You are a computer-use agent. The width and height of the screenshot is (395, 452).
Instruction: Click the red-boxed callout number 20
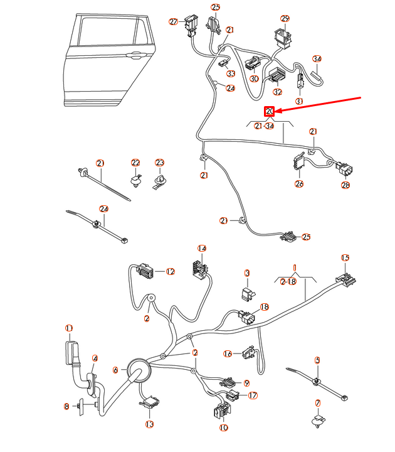click(270, 112)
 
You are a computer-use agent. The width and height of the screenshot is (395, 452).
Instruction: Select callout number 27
click(174, 21)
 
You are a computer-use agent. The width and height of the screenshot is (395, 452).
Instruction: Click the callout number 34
click(317, 59)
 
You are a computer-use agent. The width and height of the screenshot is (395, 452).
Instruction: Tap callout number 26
click(299, 184)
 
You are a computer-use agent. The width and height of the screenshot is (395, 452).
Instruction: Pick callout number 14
click(202, 249)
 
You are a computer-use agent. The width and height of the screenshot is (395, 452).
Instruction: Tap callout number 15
click(345, 258)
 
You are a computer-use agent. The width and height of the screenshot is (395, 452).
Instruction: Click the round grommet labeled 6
click(137, 370)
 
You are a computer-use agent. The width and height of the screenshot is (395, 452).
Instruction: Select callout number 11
click(70, 328)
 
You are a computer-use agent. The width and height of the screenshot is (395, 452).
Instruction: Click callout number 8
click(66, 407)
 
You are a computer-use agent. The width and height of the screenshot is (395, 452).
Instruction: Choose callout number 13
click(149, 425)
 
